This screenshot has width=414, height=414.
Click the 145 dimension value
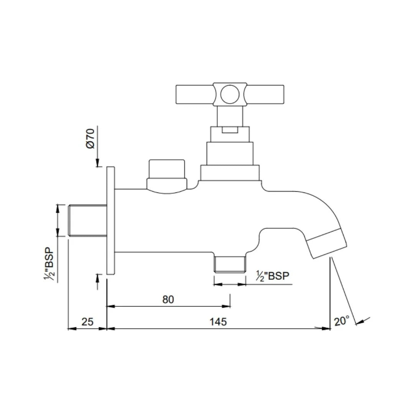coord(218,322)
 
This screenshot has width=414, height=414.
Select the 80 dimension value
coord(168,299)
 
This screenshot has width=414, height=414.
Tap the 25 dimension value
coord(87,322)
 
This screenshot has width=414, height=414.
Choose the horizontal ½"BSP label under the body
coord(273,276)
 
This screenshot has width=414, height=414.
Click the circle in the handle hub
coord(230,94)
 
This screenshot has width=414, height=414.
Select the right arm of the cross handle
coord(265,94)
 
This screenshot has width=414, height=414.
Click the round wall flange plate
coord(110,220)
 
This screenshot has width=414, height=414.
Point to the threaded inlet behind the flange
coord(87,220)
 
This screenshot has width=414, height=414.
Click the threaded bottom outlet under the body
coord(230,264)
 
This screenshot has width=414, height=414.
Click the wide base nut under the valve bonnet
coord(230,173)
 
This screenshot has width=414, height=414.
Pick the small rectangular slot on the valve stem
coord(230,130)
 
